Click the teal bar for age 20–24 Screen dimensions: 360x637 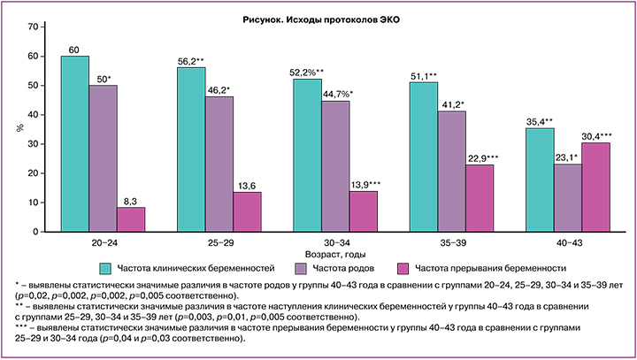tap(75, 144)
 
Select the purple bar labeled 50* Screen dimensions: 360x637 tap(104, 158)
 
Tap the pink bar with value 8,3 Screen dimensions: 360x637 tap(131, 219)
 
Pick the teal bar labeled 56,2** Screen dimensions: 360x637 tap(191, 149)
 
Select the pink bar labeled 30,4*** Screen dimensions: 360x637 tap(595, 187)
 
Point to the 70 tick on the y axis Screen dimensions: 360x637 tap(33, 27)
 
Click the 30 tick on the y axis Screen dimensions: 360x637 tap(33, 143)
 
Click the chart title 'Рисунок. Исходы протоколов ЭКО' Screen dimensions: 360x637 tap(318, 18)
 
